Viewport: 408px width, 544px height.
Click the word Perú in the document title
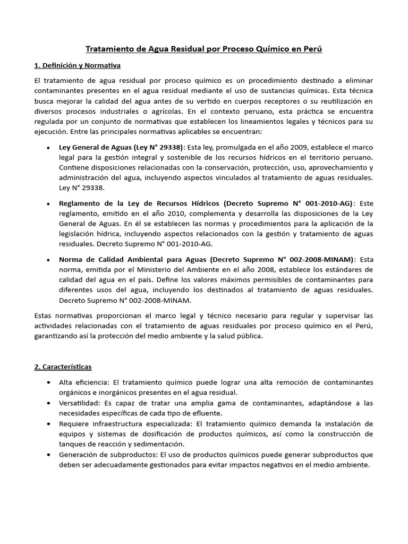click(x=312, y=49)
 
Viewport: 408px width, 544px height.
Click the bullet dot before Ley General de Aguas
click(x=49, y=147)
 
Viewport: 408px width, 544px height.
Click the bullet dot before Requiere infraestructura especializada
click(x=49, y=424)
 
